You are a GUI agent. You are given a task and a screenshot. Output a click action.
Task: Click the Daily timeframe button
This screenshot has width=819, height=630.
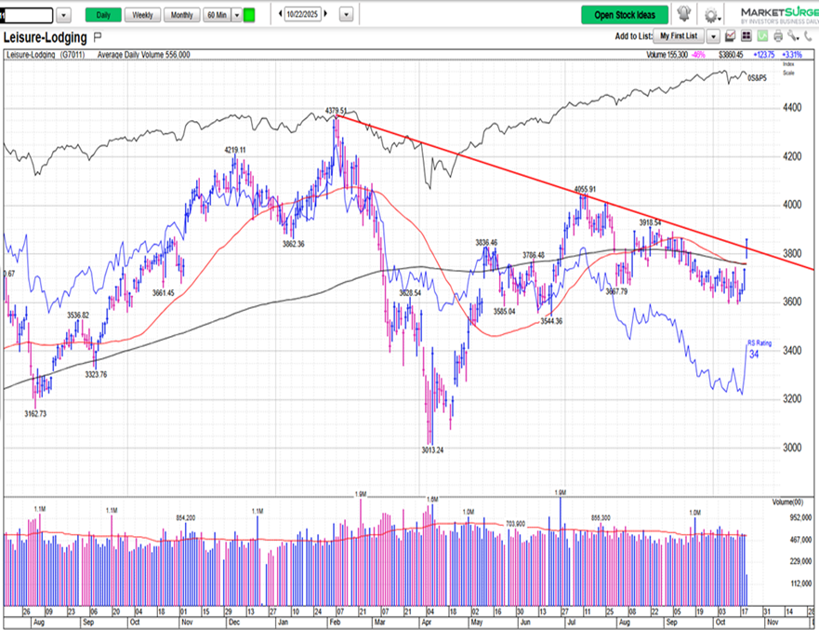pyautogui.click(x=103, y=15)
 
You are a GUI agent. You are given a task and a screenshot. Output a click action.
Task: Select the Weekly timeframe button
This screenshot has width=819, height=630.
pyautogui.click(x=142, y=15)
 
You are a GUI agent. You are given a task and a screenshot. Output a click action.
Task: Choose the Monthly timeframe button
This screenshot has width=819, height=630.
pyautogui.click(x=180, y=15)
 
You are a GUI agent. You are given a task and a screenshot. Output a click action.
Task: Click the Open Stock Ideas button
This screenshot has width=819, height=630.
pyautogui.click(x=625, y=15)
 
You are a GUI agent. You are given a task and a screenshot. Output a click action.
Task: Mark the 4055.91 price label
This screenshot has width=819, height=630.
pyautogui.click(x=584, y=189)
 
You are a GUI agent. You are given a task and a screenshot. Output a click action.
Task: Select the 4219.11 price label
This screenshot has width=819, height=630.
pyautogui.click(x=234, y=150)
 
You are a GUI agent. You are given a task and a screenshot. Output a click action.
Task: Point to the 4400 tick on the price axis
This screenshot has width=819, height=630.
pyautogui.click(x=793, y=108)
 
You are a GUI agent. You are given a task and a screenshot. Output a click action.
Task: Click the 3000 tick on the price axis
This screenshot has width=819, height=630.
pyautogui.click(x=793, y=447)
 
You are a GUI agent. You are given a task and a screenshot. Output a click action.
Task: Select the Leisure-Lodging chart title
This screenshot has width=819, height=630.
pyautogui.click(x=46, y=38)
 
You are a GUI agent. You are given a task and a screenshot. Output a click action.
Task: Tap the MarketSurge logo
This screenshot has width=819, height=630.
pyautogui.click(x=778, y=14)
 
